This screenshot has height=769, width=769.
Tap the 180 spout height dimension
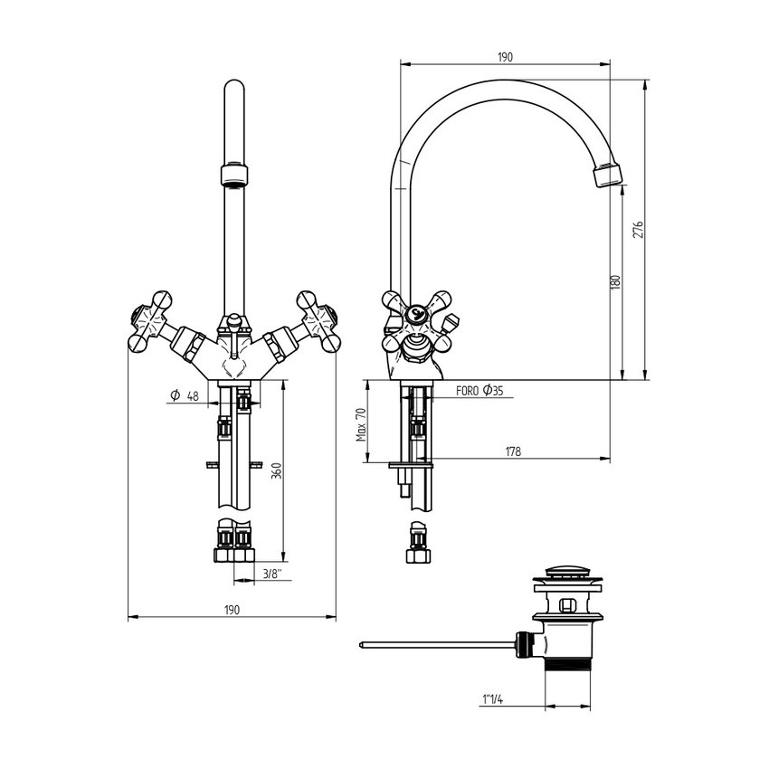tap(615, 281)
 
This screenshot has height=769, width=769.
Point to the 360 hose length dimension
tap(276, 470)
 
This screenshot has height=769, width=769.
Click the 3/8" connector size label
tap(271, 574)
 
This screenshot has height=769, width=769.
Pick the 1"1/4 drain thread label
tap(494, 698)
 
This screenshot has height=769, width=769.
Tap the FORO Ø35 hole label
tap(479, 391)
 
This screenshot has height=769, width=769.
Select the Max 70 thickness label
tap(360, 422)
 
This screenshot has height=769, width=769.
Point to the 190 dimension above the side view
tap(505, 57)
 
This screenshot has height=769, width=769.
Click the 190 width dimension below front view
tap(232, 610)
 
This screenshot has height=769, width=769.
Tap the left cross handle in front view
tap(150, 321)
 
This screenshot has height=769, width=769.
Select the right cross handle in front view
tap(317, 321)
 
